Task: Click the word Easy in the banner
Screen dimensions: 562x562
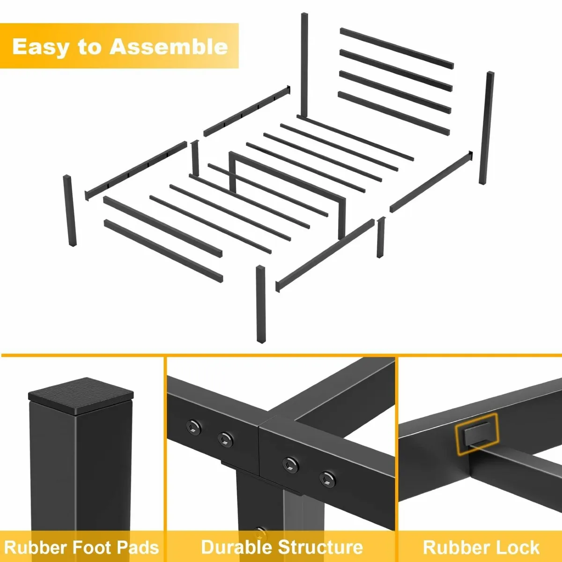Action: tap(41, 47)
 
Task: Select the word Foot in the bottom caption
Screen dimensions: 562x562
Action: tap(93, 547)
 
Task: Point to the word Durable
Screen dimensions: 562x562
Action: tap(236, 547)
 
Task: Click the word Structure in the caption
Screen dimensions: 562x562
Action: tap(320, 547)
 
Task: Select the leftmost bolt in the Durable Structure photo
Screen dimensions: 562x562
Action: tap(193, 426)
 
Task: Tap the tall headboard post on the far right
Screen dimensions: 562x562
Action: tap(487, 127)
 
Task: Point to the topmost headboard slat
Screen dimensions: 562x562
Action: tap(397, 48)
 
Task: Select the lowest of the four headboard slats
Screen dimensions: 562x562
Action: tap(393, 113)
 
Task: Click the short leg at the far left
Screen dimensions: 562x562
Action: tap(70, 211)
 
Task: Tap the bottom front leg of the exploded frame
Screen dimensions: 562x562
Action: tap(260, 304)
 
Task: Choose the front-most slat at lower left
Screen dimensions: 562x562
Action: tap(163, 251)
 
